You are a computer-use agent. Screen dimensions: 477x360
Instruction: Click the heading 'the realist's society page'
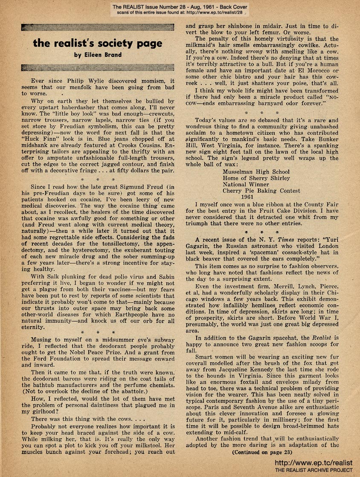point(98,43)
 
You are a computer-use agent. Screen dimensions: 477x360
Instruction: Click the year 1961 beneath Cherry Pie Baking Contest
point(247,197)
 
